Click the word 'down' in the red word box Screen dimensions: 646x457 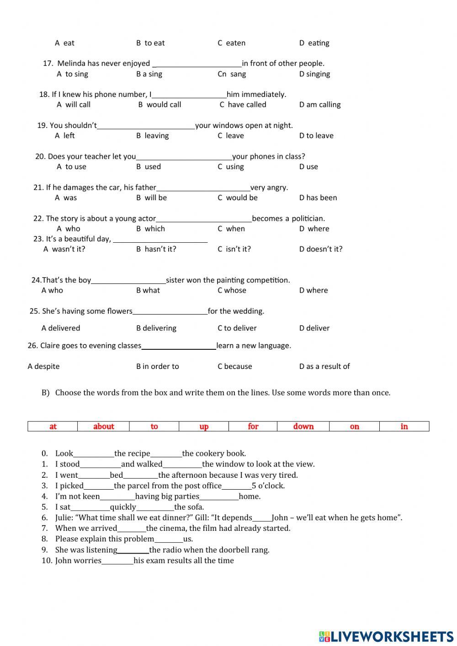(x=303, y=427)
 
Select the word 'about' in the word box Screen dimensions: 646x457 (x=103, y=427)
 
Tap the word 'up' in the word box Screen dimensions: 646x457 (x=204, y=427)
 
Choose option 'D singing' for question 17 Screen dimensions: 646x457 (x=314, y=74)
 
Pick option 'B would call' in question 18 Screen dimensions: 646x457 (x=159, y=105)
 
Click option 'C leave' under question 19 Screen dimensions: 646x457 (x=231, y=136)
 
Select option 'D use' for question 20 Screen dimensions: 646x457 (x=308, y=167)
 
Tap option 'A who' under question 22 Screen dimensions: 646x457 (x=68, y=229)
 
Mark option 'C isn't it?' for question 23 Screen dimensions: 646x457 (x=234, y=249)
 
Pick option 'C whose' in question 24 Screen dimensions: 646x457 (x=232, y=290)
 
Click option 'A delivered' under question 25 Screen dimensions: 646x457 (x=60, y=328)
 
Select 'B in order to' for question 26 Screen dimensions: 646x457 (x=157, y=367)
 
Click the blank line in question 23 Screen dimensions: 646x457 (x=160, y=240)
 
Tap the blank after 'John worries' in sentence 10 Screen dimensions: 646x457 (x=117, y=561)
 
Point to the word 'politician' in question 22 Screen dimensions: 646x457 (x=308, y=219)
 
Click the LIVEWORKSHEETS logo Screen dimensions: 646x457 (x=386, y=636)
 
